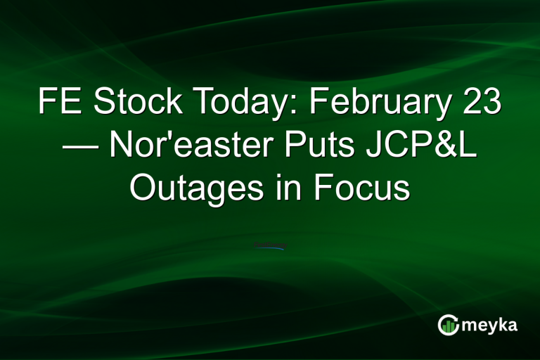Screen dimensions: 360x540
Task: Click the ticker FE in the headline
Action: click(58, 103)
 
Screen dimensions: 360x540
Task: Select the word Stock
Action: click(134, 103)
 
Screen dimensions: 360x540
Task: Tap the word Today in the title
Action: click(239, 103)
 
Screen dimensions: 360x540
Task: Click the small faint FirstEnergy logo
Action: click(270, 247)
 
